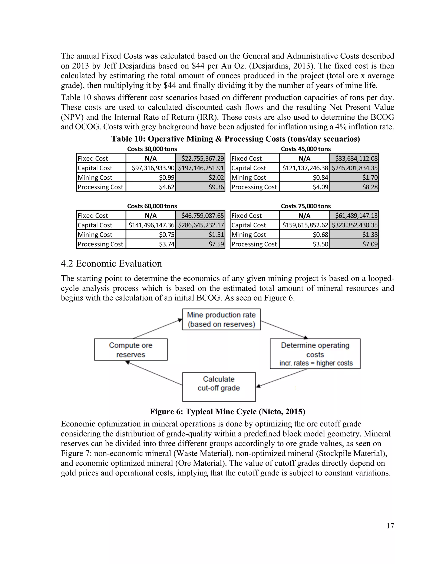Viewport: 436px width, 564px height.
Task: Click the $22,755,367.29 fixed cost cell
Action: (200, 158)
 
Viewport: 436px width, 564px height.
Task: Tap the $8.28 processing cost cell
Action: (354, 187)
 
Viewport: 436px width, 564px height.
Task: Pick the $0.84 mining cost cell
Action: (304, 178)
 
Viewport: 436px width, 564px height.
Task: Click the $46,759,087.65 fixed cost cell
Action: (200, 215)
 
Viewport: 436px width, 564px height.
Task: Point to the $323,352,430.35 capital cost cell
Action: (354, 225)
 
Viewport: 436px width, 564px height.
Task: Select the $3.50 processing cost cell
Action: (304, 244)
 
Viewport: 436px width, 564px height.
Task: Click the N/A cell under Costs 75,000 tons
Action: (304, 215)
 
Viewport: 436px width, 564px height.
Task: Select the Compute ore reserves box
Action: (131, 350)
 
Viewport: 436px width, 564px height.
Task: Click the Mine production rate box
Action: (221, 319)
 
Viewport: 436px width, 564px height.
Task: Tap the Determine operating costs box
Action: (315, 354)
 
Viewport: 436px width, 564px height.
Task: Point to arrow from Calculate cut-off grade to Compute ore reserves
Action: (154, 373)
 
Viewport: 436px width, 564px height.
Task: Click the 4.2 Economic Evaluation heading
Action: (111, 263)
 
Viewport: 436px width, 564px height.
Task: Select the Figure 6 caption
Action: (227, 411)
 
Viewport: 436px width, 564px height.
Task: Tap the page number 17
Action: (390, 526)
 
